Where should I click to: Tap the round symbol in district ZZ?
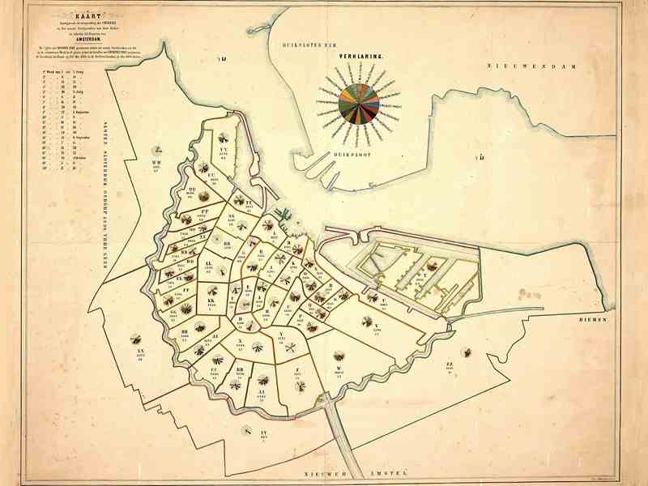[467, 352]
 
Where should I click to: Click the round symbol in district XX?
[135, 339]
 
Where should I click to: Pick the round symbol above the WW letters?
[160, 149]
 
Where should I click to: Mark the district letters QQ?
[191, 190]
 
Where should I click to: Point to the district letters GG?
[173, 311]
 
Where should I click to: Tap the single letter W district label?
[338, 369]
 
